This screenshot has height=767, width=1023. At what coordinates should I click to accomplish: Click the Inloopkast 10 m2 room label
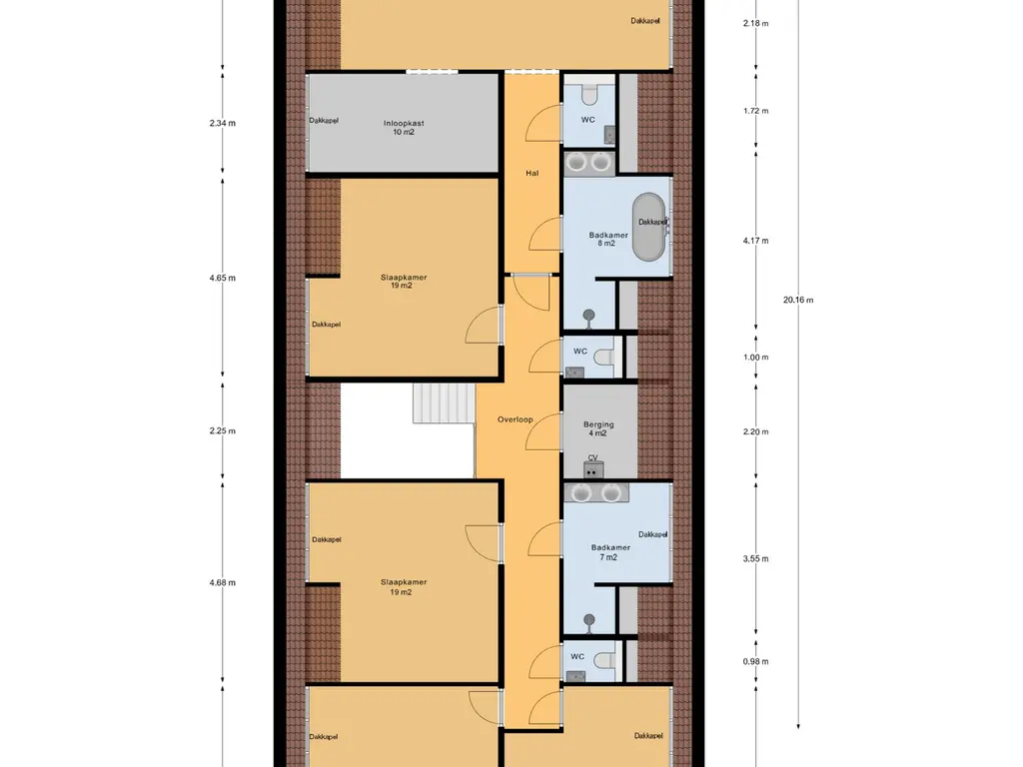[404, 127]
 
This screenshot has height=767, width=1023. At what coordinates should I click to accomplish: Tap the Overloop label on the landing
[515, 419]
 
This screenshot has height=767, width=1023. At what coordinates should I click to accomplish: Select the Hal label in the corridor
[531, 173]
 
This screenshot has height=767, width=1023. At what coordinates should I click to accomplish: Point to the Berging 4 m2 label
[598, 428]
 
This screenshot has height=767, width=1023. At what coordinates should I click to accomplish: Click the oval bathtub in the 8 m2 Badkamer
[649, 227]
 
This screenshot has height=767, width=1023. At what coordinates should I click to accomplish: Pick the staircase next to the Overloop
[444, 403]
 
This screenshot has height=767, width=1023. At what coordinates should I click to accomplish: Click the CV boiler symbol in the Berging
[593, 469]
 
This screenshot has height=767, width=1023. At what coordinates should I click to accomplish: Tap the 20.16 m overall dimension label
[798, 300]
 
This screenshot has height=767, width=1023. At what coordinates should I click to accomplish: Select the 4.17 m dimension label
[755, 241]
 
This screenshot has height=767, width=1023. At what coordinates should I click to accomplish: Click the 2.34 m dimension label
[223, 123]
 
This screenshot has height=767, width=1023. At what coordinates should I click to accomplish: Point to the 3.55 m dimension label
[755, 558]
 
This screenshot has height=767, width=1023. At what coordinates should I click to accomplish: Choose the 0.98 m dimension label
[755, 661]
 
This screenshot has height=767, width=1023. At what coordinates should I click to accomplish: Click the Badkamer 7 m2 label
[610, 552]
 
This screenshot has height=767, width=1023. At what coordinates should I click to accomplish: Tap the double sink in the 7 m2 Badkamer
[596, 492]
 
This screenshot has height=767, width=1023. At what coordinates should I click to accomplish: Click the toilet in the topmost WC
[589, 95]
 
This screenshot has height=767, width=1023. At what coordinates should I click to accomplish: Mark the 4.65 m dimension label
[223, 278]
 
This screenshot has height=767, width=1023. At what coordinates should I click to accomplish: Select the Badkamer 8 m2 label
[608, 240]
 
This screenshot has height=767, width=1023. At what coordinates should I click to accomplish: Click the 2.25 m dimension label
[223, 431]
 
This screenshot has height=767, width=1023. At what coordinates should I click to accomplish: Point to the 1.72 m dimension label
[755, 111]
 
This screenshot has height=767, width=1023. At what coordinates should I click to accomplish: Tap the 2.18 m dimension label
[755, 24]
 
